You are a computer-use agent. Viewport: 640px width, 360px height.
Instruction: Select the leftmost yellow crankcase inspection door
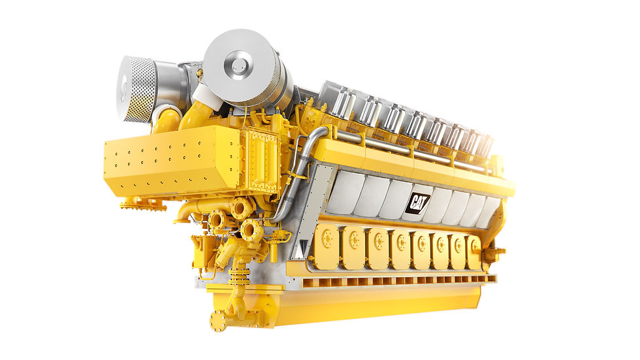click(x=326, y=246)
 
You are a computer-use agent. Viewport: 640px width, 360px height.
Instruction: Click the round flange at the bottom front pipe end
click(x=218, y=319)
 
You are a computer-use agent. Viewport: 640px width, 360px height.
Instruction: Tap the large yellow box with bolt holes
click(x=172, y=161)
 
